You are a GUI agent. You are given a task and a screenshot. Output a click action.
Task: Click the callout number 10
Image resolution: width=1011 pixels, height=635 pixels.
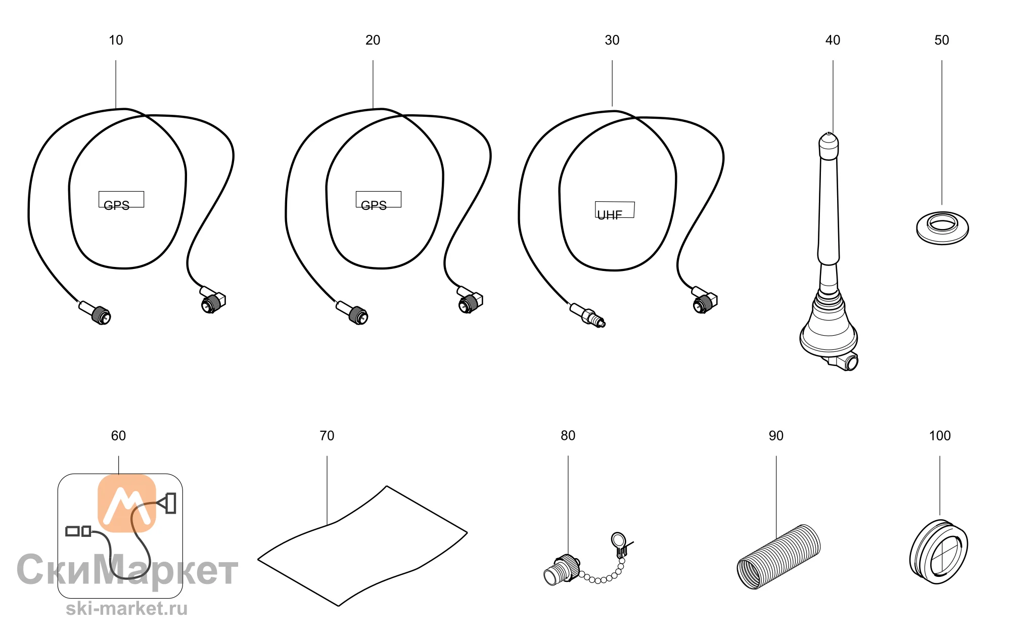(x=116, y=40)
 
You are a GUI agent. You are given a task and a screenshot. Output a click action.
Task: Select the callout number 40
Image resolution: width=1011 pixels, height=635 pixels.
(x=833, y=40)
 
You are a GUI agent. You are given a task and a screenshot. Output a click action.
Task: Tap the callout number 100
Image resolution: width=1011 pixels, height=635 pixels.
(x=940, y=436)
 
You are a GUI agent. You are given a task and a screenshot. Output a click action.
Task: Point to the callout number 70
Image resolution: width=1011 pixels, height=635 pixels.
(x=327, y=436)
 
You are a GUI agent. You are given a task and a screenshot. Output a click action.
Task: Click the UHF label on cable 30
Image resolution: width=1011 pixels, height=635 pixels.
(x=610, y=215)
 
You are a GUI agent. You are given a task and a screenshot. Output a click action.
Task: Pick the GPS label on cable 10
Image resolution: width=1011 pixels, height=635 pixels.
(x=116, y=205)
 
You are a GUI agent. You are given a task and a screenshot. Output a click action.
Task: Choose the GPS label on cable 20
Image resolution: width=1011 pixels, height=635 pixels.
(x=374, y=205)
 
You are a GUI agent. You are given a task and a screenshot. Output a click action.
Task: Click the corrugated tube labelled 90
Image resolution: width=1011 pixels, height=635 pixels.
(x=778, y=556)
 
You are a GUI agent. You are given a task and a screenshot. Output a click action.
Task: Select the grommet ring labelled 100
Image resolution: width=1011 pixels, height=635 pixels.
(x=939, y=552)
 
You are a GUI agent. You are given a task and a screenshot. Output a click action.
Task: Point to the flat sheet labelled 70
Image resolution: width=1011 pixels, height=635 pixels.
(x=362, y=546)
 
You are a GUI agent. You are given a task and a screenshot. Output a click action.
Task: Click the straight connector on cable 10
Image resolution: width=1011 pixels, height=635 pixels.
(x=96, y=312)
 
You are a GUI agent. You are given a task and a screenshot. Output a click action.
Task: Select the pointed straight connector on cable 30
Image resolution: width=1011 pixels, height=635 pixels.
(x=587, y=315)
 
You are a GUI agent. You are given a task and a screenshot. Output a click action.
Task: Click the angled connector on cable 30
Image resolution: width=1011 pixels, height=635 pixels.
(x=704, y=300)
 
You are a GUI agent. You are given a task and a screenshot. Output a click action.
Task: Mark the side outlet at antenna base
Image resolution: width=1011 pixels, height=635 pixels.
(x=845, y=361)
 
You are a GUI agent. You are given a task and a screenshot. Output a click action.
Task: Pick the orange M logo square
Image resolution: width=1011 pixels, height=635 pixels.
(x=126, y=504)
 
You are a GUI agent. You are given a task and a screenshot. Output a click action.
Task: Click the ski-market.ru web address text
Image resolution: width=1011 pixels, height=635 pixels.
(x=126, y=608)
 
